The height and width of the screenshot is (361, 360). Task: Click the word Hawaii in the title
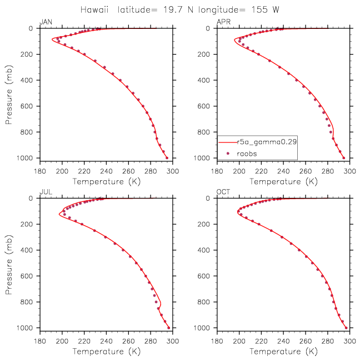pos(94,10)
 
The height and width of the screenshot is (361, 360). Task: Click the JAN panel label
pos(46,22)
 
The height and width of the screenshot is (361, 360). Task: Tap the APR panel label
pos(224,22)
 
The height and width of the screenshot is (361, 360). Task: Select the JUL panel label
pos(46,192)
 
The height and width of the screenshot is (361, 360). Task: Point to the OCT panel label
pos(223,192)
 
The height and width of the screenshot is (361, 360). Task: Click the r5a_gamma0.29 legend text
pos(267,142)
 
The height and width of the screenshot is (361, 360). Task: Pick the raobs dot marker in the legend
pos(228,154)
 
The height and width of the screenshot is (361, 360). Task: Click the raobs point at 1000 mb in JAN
pos(167,158)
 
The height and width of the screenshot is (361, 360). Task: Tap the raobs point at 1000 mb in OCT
pos(346,328)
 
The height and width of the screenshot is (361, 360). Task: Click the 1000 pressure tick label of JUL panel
pos(25,328)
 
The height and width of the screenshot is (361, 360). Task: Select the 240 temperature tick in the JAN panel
pos(106,171)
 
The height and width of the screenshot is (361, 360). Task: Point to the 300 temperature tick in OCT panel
pos(349,341)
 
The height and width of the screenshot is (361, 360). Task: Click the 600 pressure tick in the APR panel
pos(204,106)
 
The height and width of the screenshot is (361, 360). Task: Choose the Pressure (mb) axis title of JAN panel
pos(9,95)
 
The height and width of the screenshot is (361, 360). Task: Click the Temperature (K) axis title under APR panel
pos(284,182)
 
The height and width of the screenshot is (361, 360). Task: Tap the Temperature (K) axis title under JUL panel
pos(107,352)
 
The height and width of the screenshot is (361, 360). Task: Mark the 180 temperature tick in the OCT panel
pos(217,341)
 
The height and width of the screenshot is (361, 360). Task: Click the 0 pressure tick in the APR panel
pos(208,28)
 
